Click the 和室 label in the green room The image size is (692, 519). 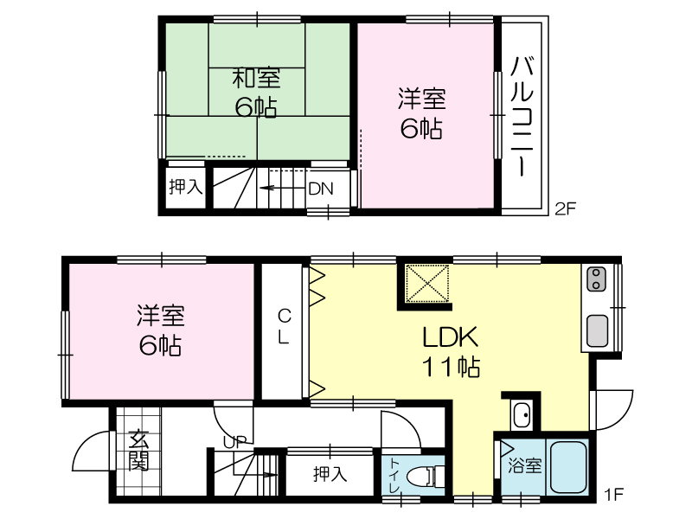click(x=256, y=78)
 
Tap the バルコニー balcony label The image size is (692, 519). click(x=522, y=117)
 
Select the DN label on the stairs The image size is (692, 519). click(x=321, y=189)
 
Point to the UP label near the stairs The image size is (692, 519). click(x=234, y=442)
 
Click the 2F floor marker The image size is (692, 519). click(x=566, y=208)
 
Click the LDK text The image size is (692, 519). click(x=450, y=337)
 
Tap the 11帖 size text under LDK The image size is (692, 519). click(x=451, y=367)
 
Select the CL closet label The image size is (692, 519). click(x=284, y=327)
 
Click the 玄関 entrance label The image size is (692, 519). click(x=138, y=450)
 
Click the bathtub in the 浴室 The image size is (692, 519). click(x=568, y=468)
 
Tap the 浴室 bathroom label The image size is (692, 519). click(x=525, y=465)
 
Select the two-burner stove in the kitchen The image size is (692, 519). click(x=596, y=279)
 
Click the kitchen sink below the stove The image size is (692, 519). click(x=597, y=330)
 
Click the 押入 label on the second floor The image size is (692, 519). click(x=186, y=187)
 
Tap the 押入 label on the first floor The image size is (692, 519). click(x=330, y=474)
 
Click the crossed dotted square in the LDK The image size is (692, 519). click(x=426, y=284)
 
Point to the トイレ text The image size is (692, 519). click(x=395, y=477)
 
